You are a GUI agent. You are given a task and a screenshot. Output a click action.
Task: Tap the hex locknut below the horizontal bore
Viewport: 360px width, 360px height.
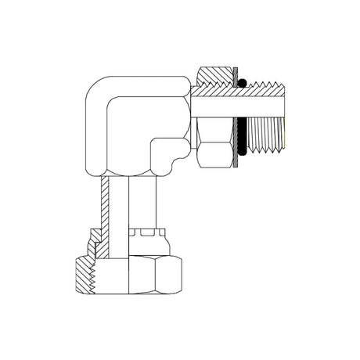(x=213, y=144)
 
